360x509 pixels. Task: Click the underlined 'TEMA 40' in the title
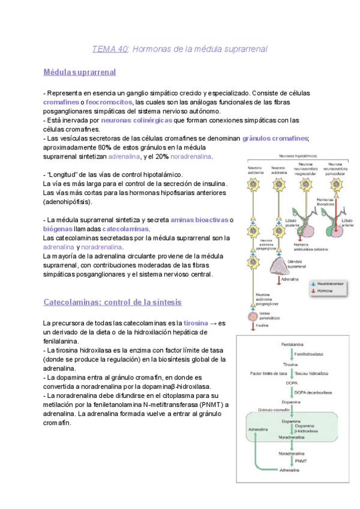click(110, 49)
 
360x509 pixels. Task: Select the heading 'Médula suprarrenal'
click(80, 72)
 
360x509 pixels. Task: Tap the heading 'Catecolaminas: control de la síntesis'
click(113, 302)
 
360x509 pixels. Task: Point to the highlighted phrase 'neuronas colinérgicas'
click(136, 120)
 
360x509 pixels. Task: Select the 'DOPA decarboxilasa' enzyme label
click(313, 392)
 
